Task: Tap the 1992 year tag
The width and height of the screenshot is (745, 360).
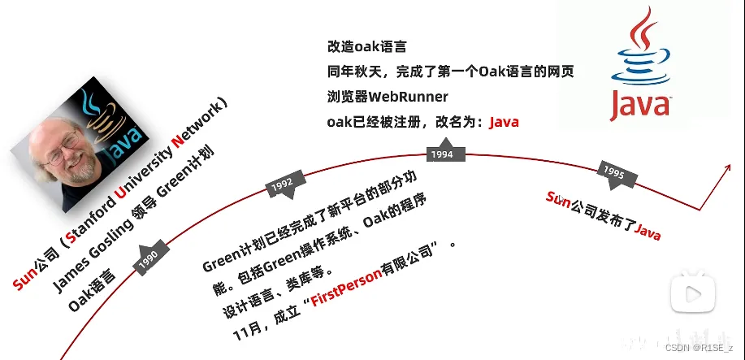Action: [282, 184]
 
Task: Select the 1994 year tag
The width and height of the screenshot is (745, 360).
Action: [442, 154]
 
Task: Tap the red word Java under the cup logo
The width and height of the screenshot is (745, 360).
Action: [641, 105]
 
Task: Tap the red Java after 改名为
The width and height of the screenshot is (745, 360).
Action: [504, 122]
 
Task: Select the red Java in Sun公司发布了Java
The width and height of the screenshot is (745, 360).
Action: [648, 232]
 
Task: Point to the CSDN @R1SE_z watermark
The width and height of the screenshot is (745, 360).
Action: [700, 347]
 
